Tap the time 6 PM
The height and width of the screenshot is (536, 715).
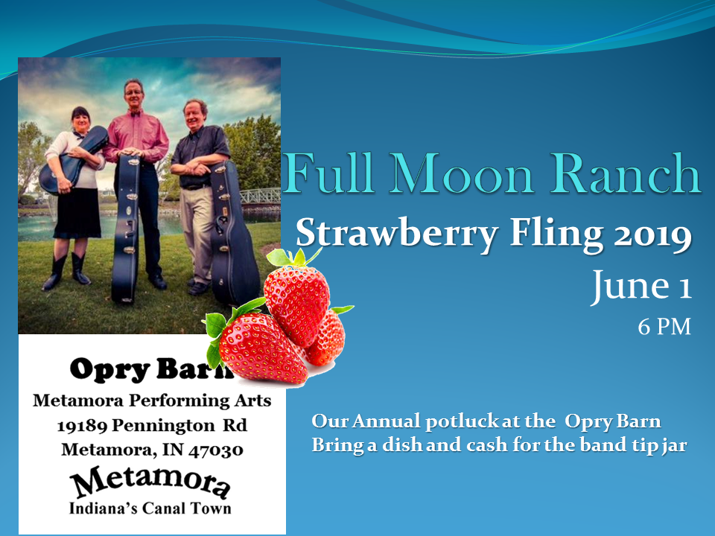click(664, 326)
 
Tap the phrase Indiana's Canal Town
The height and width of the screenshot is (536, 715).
click(150, 509)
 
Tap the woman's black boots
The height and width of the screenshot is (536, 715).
click(67, 271)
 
